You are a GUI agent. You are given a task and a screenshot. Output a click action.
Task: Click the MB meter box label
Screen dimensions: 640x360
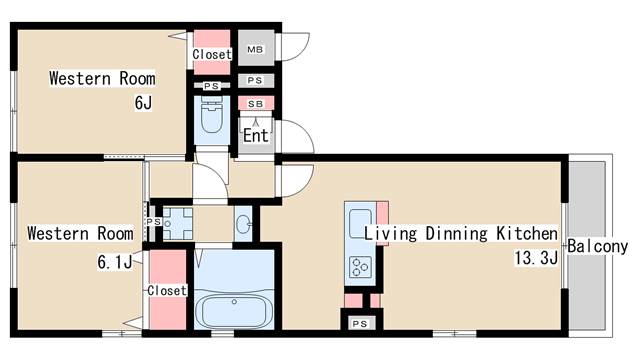255,49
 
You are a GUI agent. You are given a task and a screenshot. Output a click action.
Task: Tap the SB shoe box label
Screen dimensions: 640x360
256,104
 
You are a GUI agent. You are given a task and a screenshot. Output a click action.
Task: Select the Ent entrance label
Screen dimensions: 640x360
256,136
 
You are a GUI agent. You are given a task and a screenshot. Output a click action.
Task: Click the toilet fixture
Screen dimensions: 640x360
211,115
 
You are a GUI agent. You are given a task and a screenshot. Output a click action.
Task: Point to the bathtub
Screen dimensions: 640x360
234,311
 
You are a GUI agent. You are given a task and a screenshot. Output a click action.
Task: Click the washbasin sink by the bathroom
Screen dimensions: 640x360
243,224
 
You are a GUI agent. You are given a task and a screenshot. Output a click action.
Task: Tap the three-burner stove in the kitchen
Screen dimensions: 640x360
360,267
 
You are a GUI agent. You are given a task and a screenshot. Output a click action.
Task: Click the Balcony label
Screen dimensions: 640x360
598,247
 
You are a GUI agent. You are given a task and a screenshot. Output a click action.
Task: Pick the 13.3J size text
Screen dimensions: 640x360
536,258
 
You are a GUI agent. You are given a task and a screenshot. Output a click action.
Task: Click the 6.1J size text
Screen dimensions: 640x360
115,262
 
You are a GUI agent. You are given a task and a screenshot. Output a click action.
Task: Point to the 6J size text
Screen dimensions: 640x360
143,103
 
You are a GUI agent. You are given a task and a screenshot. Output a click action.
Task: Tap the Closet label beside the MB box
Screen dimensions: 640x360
212,54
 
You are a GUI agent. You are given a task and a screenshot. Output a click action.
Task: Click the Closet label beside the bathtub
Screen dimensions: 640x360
167,290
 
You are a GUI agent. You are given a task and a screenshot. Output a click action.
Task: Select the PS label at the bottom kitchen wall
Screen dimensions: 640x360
360,324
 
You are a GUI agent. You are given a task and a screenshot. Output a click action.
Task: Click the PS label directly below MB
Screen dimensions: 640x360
255,80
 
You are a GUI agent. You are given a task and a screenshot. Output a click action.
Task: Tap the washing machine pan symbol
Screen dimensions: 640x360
178,224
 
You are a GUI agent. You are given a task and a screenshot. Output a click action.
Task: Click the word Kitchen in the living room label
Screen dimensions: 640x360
527,233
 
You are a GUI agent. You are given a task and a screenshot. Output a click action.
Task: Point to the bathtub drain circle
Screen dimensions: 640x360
234,302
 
